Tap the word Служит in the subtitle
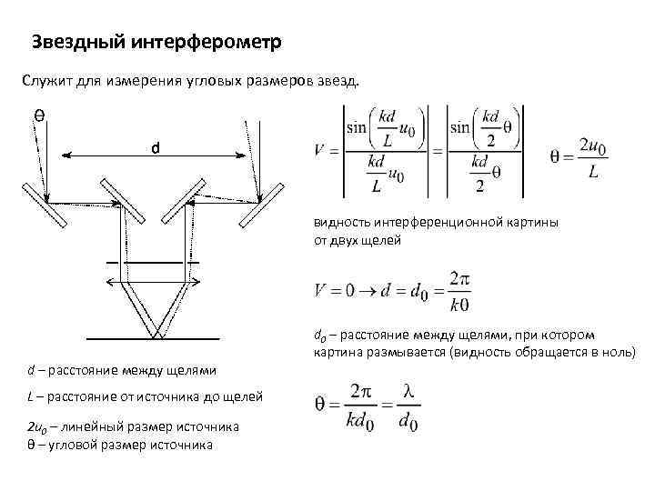coord(44,81)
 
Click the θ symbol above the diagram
coord(40,115)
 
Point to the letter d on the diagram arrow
coord(156,147)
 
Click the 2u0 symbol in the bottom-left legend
coord(36,426)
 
